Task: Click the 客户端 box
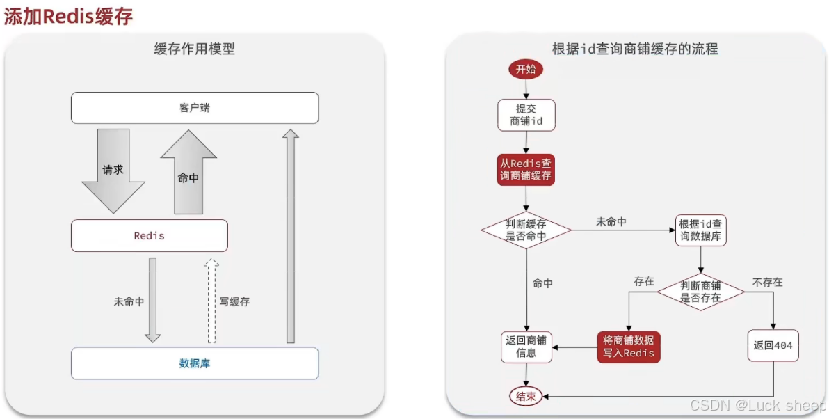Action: pos(195,108)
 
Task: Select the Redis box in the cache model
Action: pos(149,235)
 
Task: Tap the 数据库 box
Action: pos(195,363)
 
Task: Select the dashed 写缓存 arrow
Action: pos(212,301)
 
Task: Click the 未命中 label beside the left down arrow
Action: pos(129,301)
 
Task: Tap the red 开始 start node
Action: pos(526,69)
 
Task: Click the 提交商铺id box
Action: pos(526,115)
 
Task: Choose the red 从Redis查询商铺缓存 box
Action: pos(526,168)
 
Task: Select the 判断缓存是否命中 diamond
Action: pos(526,230)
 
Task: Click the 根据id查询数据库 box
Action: pos(702,230)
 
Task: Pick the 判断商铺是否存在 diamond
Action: pos(700,291)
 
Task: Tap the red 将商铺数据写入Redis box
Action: pos(628,347)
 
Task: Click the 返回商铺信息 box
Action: pos(526,347)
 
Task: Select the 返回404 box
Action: pos(773,346)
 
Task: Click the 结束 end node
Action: pos(526,396)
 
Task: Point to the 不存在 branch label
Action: pos(767,283)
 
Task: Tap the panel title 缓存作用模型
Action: pos(195,49)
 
